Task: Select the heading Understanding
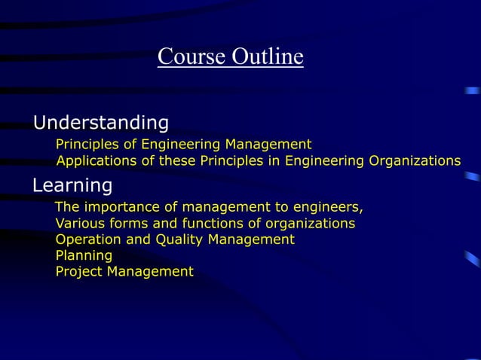[x=101, y=122]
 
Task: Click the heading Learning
[x=72, y=185]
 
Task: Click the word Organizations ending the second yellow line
[x=415, y=160]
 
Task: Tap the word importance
[x=120, y=208]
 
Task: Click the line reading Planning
[x=84, y=256]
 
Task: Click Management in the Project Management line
[x=150, y=272]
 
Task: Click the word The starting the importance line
[x=66, y=208]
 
